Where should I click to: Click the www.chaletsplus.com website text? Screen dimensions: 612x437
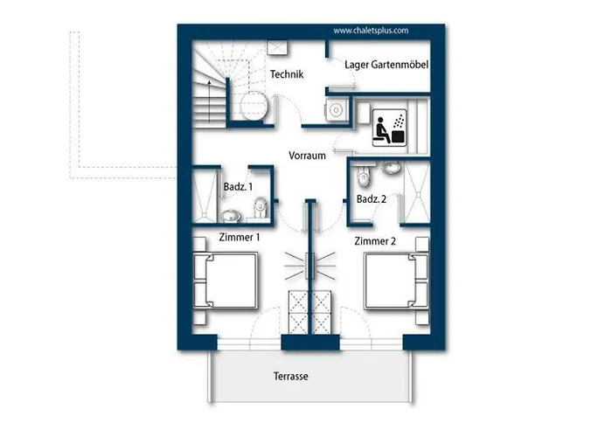click(x=371, y=31)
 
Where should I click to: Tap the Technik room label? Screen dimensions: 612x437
click(x=287, y=74)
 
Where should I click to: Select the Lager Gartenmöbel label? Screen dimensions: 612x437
click(x=386, y=65)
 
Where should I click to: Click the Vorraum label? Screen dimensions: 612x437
click(x=307, y=156)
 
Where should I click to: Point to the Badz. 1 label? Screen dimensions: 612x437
click(x=238, y=187)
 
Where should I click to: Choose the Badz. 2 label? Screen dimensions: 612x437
click(x=372, y=199)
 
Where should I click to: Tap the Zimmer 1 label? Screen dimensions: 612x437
click(x=240, y=237)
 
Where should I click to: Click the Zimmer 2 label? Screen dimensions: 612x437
click(x=375, y=241)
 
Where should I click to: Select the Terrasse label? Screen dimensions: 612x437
click(x=291, y=377)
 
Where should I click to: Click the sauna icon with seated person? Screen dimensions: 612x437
click(x=390, y=128)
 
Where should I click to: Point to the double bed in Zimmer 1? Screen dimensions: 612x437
click(x=226, y=281)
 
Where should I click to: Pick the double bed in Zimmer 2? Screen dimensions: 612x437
click(x=396, y=281)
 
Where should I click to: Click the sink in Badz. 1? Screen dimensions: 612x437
click(x=231, y=215)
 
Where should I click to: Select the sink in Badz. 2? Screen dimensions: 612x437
click(x=391, y=168)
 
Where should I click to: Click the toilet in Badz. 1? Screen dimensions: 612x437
click(x=261, y=207)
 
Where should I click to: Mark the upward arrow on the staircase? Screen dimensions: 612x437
click(x=210, y=101)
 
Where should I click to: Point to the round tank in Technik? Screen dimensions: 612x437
click(x=254, y=106)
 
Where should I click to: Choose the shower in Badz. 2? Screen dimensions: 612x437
click(x=417, y=193)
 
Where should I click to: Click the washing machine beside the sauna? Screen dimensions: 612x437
click(x=336, y=110)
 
